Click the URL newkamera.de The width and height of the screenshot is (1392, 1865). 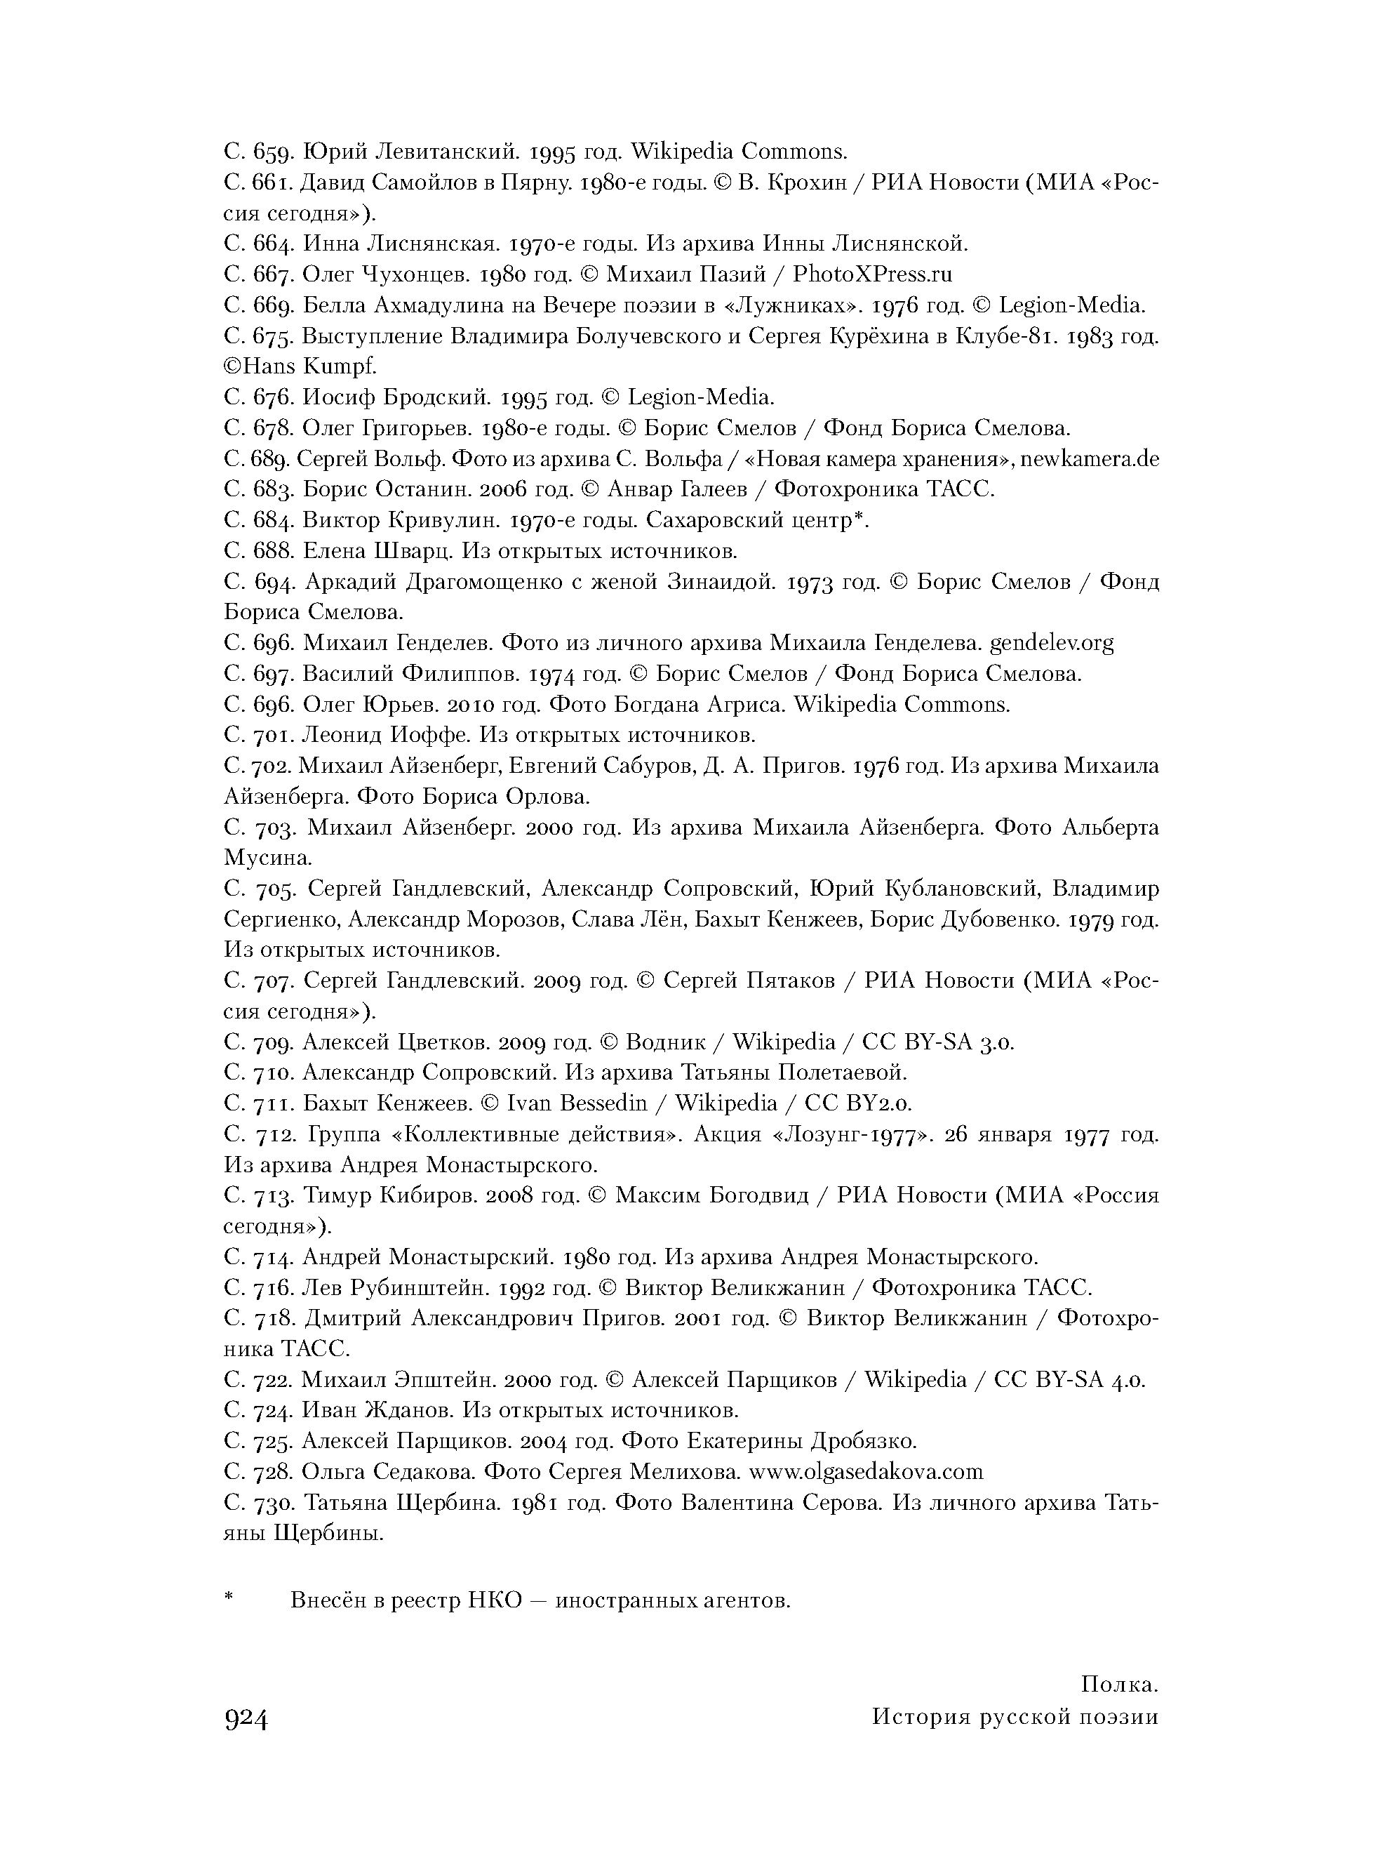(x=1090, y=458)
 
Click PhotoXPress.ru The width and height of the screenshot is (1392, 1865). (x=873, y=274)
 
